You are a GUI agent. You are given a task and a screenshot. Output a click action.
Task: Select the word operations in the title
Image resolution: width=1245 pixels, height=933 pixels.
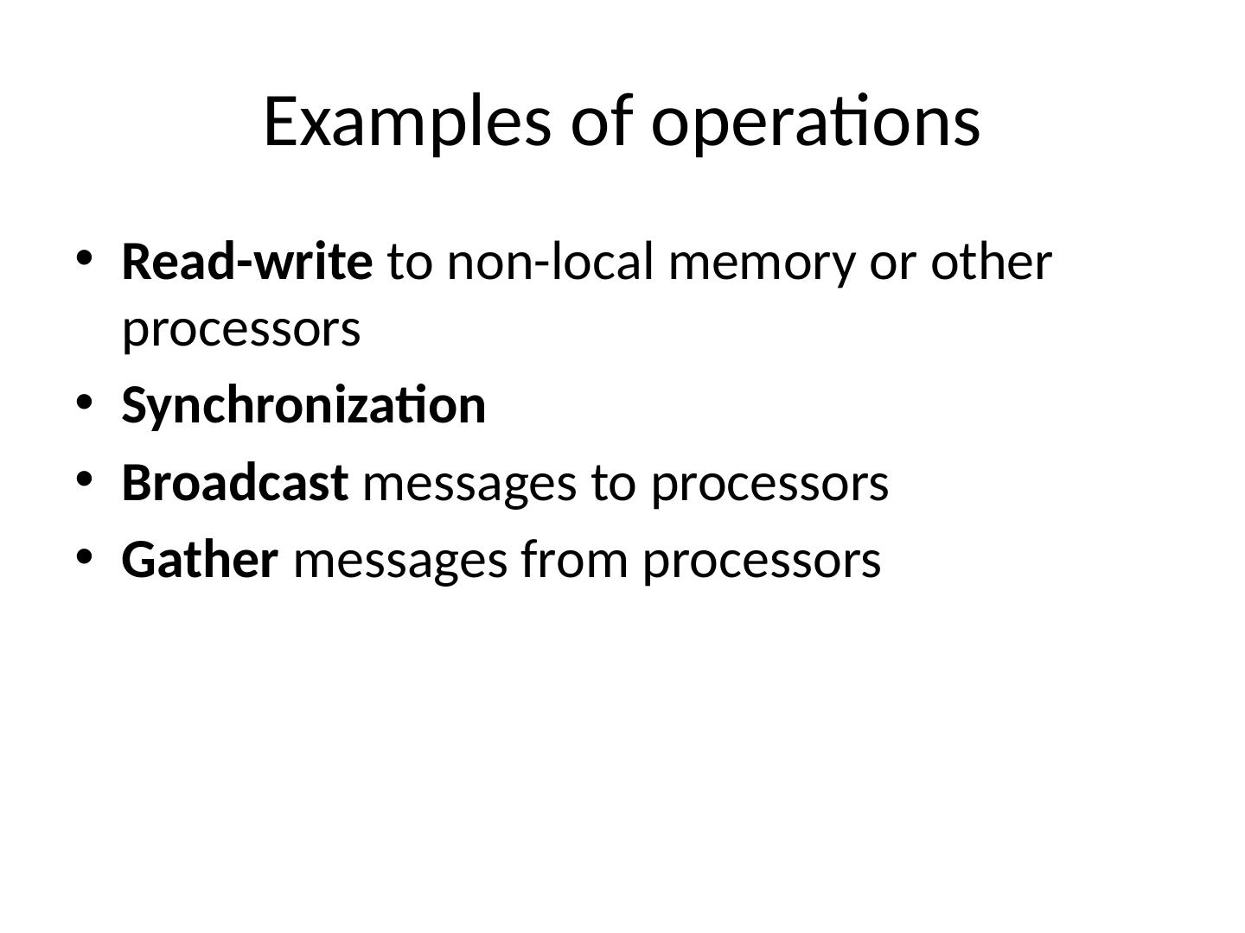click(815, 121)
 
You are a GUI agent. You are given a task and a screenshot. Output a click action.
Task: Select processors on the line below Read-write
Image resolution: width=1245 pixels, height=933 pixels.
click(241, 330)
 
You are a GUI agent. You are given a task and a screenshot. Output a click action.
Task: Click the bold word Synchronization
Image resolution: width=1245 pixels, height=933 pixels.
click(303, 406)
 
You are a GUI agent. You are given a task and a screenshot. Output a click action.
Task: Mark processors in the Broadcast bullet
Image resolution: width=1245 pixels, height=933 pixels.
click(769, 484)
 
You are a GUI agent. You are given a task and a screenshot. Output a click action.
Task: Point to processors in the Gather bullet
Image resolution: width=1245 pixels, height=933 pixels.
click(761, 561)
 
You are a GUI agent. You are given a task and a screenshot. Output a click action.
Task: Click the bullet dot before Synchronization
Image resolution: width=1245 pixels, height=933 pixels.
click(84, 403)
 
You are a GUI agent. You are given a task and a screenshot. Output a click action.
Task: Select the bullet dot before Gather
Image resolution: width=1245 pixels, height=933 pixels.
click(84, 556)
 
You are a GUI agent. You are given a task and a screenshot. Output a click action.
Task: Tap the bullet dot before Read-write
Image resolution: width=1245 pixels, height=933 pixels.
click(84, 258)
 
